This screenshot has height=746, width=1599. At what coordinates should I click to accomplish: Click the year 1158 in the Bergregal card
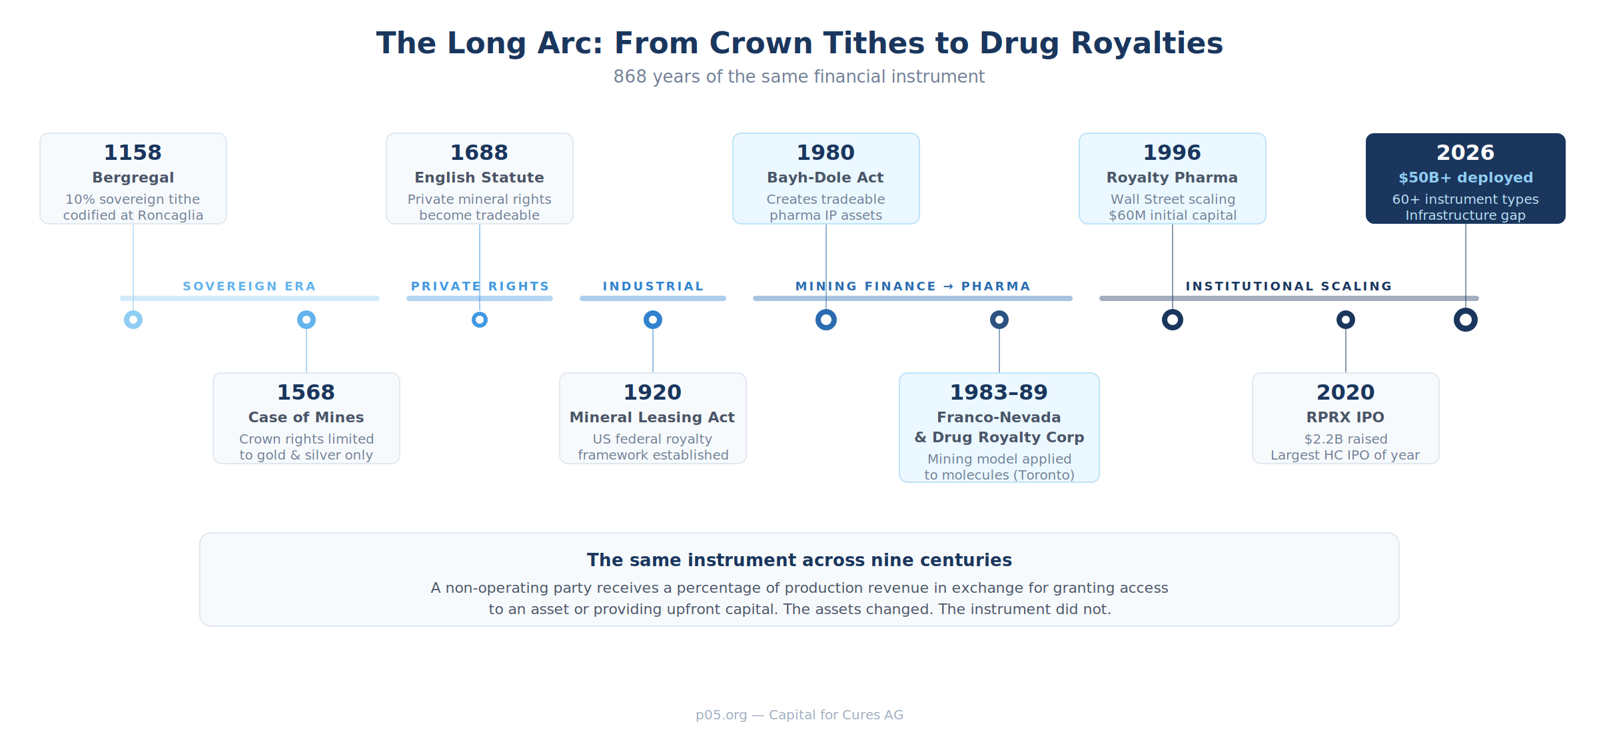pyautogui.click(x=133, y=153)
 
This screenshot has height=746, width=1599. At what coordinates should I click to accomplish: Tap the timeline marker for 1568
pyautogui.click(x=306, y=320)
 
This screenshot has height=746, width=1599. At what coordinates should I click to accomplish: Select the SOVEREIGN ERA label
pyautogui.click(x=249, y=286)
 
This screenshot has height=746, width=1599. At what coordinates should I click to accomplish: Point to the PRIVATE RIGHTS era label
pyautogui.click(x=480, y=286)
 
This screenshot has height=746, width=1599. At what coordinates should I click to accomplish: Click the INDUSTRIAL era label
pyautogui.click(x=653, y=286)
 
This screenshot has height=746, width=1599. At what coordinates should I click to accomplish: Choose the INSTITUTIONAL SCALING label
pyautogui.click(x=1289, y=286)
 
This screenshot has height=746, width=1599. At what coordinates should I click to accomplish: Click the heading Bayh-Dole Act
pyautogui.click(x=825, y=178)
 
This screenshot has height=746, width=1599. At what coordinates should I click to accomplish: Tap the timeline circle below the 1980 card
pyautogui.click(x=826, y=320)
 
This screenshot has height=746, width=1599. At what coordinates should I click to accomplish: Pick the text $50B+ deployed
pyautogui.click(x=1466, y=178)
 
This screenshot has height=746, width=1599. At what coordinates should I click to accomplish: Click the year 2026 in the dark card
pyautogui.click(x=1466, y=153)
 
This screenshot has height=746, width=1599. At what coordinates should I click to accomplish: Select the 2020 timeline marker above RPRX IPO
pyautogui.click(x=1346, y=320)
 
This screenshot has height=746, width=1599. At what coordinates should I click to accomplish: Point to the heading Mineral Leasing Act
pyautogui.click(x=652, y=418)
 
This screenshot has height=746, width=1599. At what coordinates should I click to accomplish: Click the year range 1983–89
pyautogui.click(x=999, y=392)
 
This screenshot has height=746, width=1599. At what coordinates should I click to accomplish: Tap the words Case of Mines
pyautogui.click(x=306, y=418)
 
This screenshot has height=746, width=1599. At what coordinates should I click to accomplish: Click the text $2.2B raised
pyautogui.click(x=1346, y=440)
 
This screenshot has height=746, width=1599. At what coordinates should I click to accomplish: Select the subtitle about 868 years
pyautogui.click(x=799, y=77)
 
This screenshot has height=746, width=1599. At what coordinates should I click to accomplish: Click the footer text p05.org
pyautogui.click(x=722, y=715)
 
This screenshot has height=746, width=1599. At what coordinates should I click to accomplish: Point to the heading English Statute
pyautogui.click(x=480, y=178)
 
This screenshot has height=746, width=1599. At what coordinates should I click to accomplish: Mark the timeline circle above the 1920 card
pyautogui.click(x=653, y=320)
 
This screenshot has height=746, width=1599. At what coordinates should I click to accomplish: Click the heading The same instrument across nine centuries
pyautogui.click(x=799, y=560)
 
